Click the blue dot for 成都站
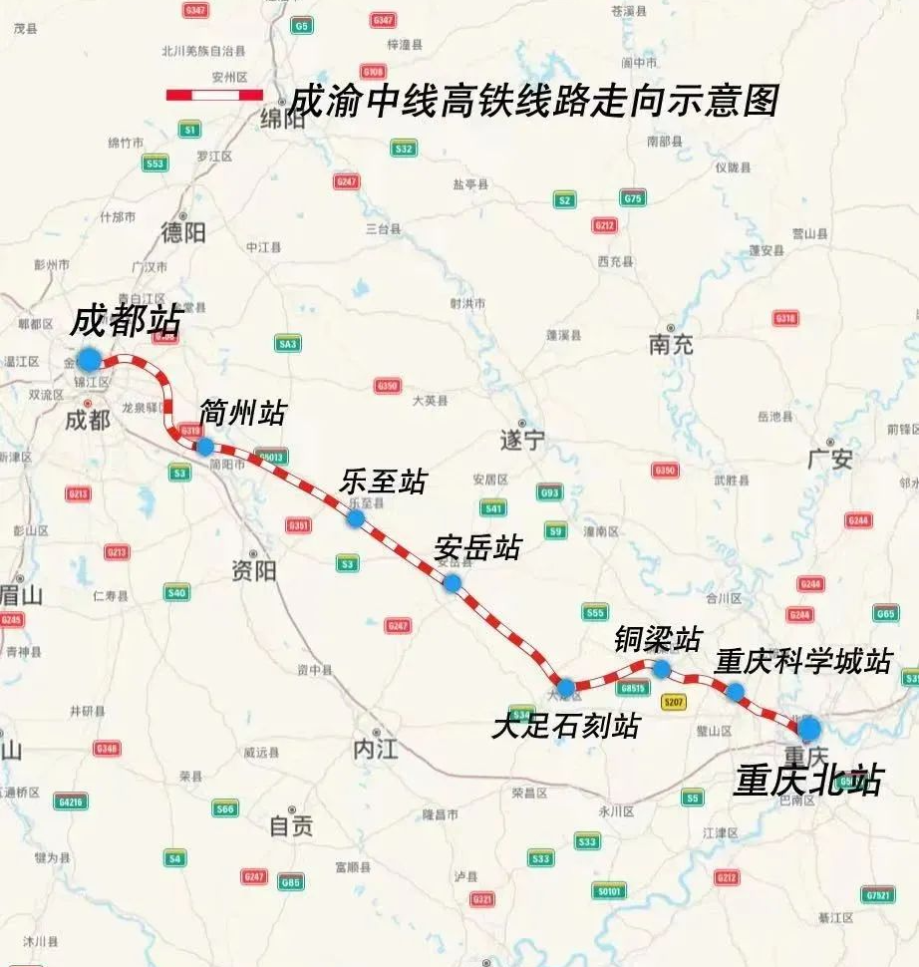(x=90, y=358)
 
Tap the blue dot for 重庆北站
(x=808, y=727)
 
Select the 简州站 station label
(x=242, y=412)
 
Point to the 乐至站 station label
(x=383, y=482)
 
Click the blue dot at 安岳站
(x=452, y=583)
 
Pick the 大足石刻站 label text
(x=565, y=726)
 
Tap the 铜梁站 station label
(x=658, y=639)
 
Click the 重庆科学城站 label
(x=802, y=661)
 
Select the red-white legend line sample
(x=214, y=95)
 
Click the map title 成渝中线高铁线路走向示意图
(x=532, y=101)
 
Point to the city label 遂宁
(x=522, y=440)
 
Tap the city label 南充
(x=671, y=345)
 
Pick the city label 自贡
(x=291, y=825)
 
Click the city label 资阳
(x=253, y=571)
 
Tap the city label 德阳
(x=182, y=232)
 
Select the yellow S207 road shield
(x=674, y=702)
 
